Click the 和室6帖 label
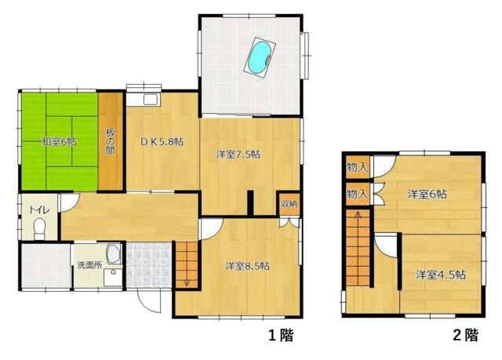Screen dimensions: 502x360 [x=59, y=141]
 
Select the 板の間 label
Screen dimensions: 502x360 [x=110, y=141]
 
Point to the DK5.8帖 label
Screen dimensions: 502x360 [x=162, y=141]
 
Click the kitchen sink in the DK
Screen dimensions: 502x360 [x=151, y=100]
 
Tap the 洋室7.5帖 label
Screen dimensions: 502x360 [x=238, y=155]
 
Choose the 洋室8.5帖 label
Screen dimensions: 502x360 [x=247, y=266]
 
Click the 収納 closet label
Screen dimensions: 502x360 [x=289, y=204]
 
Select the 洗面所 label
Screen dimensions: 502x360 [x=89, y=265]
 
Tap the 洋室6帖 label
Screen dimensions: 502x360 [x=427, y=194]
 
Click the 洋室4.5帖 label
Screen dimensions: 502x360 [x=441, y=275]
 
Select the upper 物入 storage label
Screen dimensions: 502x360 [x=357, y=167]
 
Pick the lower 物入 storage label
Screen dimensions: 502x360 [x=357, y=194]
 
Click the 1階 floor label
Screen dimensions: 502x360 [x=281, y=335]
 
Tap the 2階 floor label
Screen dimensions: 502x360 [x=466, y=335]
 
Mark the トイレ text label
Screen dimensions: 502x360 [x=39, y=210]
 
